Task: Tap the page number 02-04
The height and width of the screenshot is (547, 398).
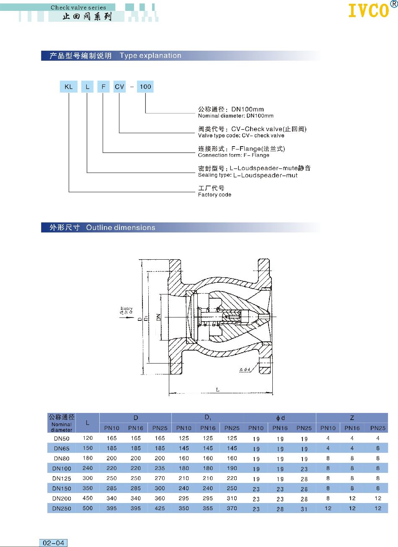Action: [x=54, y=543]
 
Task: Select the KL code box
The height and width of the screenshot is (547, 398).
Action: [x=69, y=87]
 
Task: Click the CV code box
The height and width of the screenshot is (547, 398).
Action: [x=119, y=87]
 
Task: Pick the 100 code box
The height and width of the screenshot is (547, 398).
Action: [x=145, y=87]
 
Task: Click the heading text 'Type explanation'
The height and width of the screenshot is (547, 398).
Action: [x=150, y=56]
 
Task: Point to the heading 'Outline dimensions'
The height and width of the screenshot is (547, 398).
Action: [x=121, y=227]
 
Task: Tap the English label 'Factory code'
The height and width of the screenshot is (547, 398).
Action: [x=215, y=195]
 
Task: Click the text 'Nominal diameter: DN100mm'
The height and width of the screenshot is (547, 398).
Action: [x=235, y=116]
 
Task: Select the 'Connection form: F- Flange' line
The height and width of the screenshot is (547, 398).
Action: [x=233, y=155]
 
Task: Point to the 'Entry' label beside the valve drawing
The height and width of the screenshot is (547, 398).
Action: [x=126, y=308]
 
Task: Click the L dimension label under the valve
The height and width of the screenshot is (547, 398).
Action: [x=218, y=390]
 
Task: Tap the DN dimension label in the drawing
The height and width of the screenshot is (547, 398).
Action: [x=158, y=317]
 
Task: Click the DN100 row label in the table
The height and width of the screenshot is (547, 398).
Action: [x=62, y=468]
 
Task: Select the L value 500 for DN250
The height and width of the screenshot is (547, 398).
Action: [x=88, y=508]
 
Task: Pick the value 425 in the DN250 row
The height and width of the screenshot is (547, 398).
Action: [x=160, y=508]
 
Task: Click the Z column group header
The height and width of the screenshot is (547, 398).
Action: [x=352, y=418]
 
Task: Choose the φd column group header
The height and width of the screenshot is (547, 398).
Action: [x=280, y=418]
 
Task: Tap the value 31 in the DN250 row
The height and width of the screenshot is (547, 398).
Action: [x=304, y=509]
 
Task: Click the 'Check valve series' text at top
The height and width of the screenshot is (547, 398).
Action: [x=78, y=7]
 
